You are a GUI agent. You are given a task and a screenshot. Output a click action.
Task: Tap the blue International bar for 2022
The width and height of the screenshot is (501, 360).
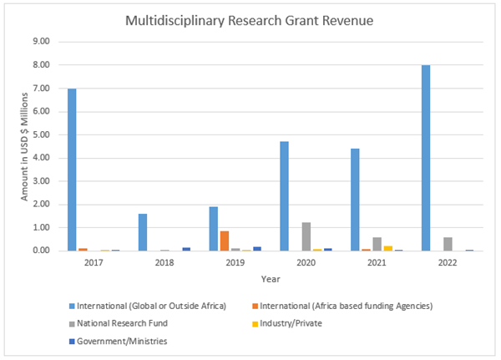click(426, 158)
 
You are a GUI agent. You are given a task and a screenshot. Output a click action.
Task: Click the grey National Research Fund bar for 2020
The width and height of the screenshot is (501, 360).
click(306, 236)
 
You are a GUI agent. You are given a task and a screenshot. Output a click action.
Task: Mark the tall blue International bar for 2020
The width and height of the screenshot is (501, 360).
click(284, 196)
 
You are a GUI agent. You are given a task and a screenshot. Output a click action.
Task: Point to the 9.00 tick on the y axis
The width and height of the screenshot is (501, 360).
click(41, 42)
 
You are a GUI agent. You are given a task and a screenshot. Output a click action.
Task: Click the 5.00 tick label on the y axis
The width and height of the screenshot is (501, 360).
click(41, 134)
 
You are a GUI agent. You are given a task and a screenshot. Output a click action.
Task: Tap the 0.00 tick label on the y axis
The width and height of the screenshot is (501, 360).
click(41, 251)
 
